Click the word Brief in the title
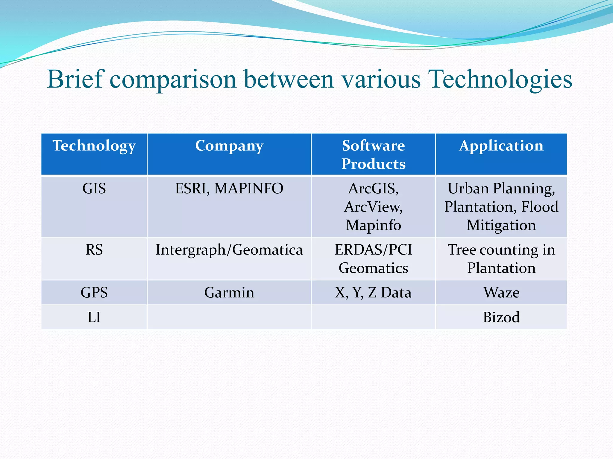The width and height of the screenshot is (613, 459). tap(76, 79)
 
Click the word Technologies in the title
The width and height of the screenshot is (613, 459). tap(500, 79)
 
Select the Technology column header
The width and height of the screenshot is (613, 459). tap(94, 146)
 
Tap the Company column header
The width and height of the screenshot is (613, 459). tap(229, 146)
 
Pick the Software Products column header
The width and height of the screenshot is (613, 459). tap(373, 154)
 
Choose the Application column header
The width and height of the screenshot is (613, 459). tap(501, 146)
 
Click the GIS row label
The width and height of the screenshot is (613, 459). tap(94, 189)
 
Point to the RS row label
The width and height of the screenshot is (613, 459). tap(94, 250)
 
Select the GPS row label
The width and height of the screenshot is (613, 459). tap(94, 293)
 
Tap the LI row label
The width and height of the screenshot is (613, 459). tap(94, 317)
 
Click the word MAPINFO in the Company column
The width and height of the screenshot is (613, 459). tap(248, 189)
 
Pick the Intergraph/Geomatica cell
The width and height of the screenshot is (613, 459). tap(229, 250)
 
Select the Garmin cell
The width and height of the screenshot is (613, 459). tap(229, 293)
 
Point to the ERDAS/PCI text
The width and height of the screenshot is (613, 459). tap(373, 250)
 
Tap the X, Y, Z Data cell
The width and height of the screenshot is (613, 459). tap(373, 293)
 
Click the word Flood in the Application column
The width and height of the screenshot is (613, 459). tap(540, 207)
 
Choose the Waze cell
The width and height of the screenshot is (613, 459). tap(501, 293)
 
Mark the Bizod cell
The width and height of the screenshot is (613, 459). tap(501, 317)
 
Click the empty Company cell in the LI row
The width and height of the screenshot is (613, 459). tap(229, 317)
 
